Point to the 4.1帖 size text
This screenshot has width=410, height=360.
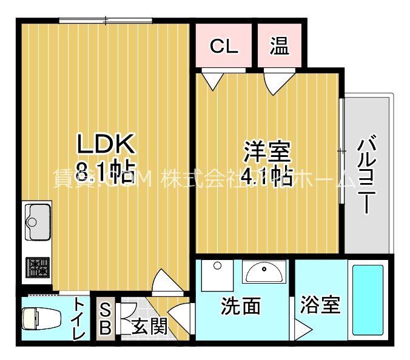(x=267, y=176)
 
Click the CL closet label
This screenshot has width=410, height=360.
(x=224, y=46)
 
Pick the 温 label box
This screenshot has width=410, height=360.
(x=279, y=46)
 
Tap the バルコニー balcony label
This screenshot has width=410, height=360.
(x=365, y=176)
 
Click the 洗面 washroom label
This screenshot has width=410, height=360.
(x=241, y=307)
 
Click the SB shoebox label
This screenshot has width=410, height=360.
(x=104, y=319)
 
